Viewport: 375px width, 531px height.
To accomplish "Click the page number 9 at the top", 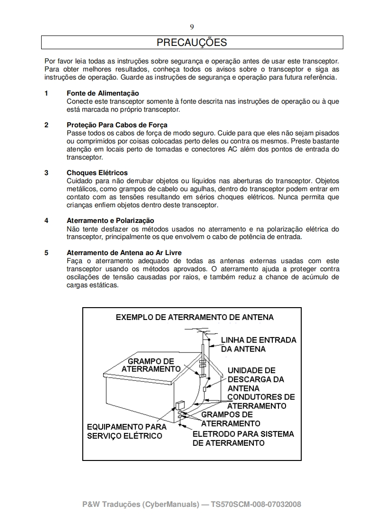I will [192, 27].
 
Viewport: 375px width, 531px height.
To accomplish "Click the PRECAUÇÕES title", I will [192, 43].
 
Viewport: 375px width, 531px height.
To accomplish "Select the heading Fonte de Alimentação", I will [103, 93].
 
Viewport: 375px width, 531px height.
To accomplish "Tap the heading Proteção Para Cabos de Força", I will [117, 125].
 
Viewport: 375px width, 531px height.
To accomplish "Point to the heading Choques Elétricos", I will [97, 173].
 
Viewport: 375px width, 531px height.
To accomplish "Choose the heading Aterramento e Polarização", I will [110, 221].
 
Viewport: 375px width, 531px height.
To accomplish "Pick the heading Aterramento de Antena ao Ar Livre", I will [124, 253].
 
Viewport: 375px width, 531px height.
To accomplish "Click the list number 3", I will [46, 173].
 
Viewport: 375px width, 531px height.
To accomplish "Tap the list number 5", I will [46, 253].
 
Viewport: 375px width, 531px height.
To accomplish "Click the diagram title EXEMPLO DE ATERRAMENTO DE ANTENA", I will [195, 317].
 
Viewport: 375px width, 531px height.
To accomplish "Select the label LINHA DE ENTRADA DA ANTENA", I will [258, 345].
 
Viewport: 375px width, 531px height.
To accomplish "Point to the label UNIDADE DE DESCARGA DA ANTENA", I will [256, 379].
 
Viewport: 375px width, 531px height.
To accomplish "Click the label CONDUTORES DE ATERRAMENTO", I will [261, 401].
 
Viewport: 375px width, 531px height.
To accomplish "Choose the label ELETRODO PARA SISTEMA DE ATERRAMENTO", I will [243, 438].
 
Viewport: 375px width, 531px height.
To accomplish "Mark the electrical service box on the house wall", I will [180, 406].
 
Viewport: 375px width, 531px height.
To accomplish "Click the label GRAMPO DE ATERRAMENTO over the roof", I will [151, 365].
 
